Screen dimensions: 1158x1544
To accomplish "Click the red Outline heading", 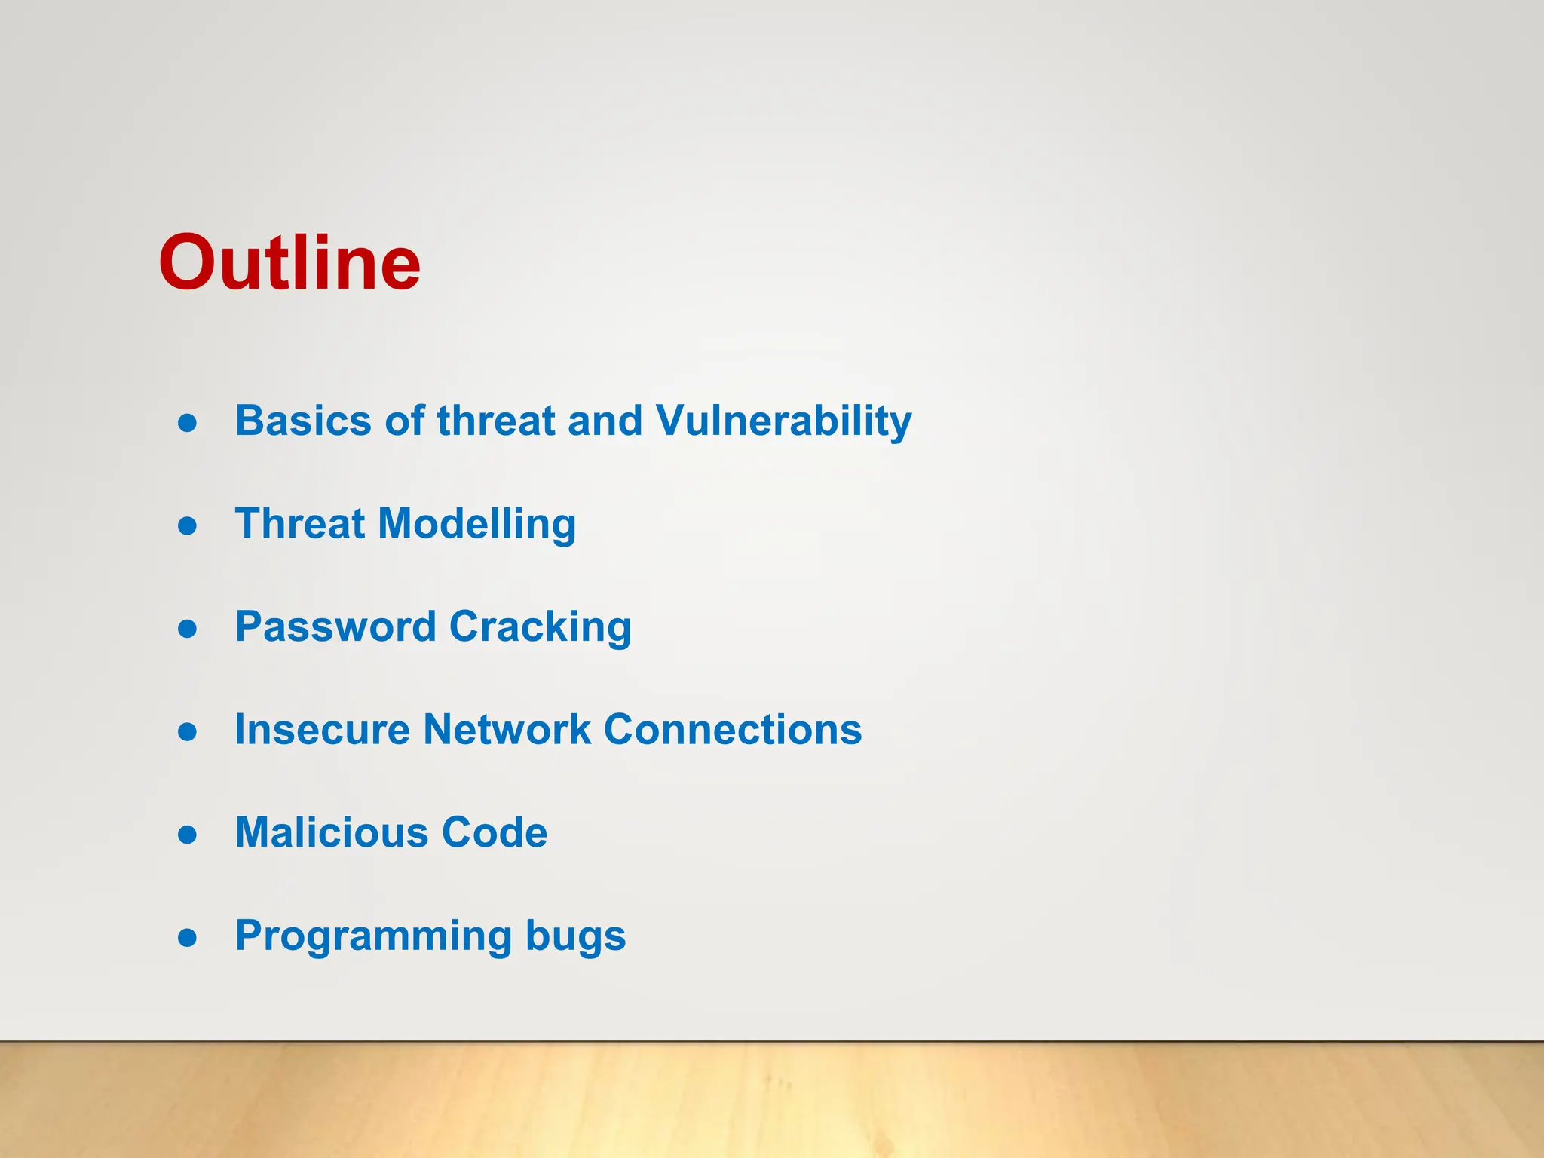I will click(x=289, y=262).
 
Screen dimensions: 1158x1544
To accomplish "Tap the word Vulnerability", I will click(x=783, y=421).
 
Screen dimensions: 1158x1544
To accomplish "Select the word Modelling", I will click(x=476, y=523).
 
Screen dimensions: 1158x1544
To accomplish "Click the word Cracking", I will click(x=540, y=626).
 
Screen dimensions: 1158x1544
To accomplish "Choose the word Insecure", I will click(x=322, y=729).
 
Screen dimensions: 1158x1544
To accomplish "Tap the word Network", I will click(x=507, y=729).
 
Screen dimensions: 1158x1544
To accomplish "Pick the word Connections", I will click(x=732, y=729).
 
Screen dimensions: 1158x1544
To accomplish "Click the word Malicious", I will click(x=331, y=832).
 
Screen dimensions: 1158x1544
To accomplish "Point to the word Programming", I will click(x=373, y=936).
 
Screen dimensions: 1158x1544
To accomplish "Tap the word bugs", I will click(x=575, y=936).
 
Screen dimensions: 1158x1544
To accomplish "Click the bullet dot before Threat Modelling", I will click(x=187, y=525).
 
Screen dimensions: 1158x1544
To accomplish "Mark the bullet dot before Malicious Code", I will click(x=187, y=835).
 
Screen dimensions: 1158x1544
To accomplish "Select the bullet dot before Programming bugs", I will click(x=187, y=937).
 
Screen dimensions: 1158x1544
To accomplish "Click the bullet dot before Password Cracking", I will click(x=187, y=629).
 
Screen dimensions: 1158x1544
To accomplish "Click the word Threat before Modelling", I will click(x=300, y=523).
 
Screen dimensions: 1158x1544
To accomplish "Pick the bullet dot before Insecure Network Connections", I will click(x=187, y=731).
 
